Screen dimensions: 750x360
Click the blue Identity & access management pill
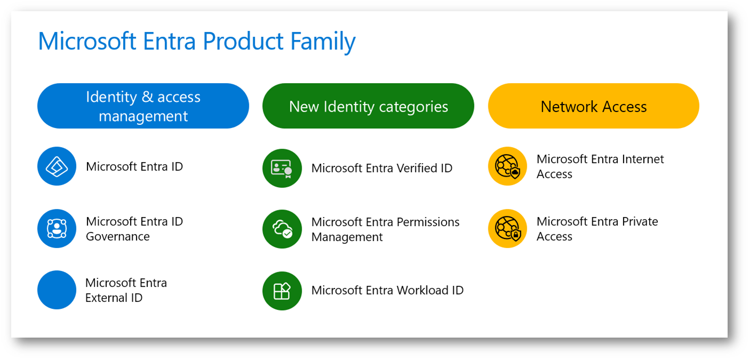[x=143, y=106]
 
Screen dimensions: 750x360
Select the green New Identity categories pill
[x=368, y=106]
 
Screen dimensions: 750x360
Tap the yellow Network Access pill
[x=594, y=106]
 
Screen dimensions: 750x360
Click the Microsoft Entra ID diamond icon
[x=57, y=166]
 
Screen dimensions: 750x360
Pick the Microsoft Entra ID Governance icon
[x=57, y=228]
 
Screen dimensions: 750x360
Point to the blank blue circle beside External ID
[x=57, y=290]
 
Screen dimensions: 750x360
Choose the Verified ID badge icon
[x=282, y=168]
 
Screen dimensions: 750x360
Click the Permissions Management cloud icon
[x=282, y=229]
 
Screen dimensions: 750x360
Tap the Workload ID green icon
[x=282, y=291]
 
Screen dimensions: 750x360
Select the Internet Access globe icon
[x=507, y=166]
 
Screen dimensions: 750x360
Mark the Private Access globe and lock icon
[x=507, y=228]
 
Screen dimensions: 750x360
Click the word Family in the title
[x=323, y=42]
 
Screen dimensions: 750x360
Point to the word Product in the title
[x=243, y=41]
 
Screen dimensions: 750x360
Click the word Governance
[x=118, y=236]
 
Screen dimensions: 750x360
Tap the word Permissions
[x=428, y=222]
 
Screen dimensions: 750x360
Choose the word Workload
[x=421, y=290]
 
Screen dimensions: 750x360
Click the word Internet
[x=643, y=159]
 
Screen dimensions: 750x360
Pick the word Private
[x=640, y=221]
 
